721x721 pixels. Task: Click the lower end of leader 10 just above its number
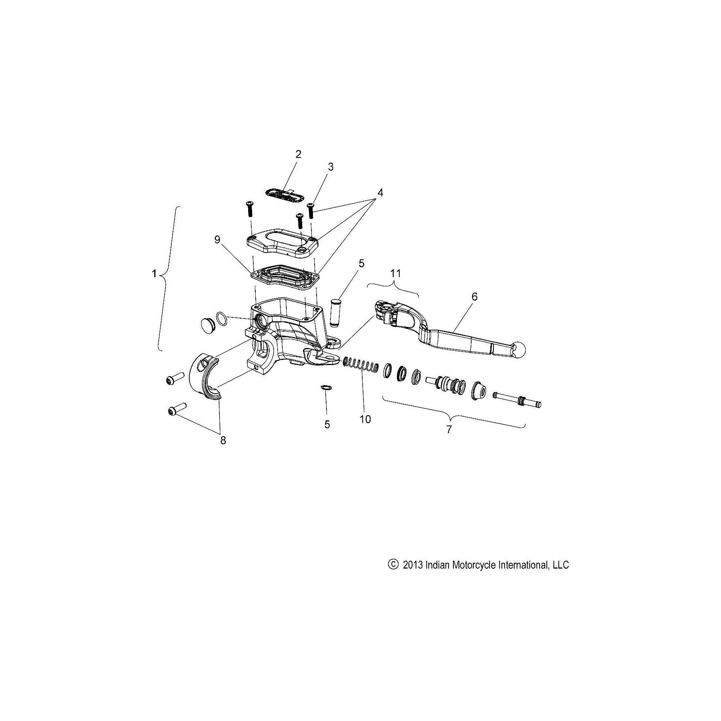(x=365, y=412)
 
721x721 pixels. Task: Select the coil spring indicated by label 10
(x=361, y=365)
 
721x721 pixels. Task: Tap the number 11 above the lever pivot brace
(x=395, y=273)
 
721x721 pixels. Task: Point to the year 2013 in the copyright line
(x=412, y=565)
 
